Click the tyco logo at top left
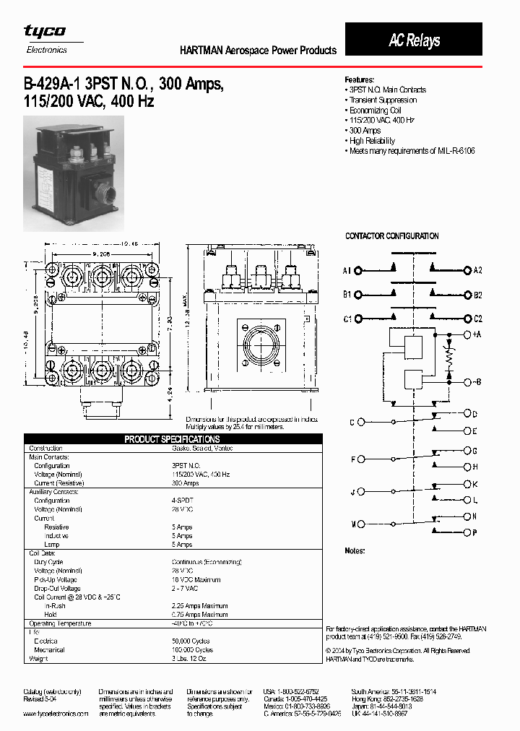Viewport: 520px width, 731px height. point(45,31)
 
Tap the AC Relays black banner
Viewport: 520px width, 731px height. point(413,40)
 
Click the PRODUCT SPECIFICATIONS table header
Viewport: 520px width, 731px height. point(172,439)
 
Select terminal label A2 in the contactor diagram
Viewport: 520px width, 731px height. point(477,271)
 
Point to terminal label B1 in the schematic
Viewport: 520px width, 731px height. point(347,295)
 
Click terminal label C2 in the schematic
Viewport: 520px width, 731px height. point(477,319)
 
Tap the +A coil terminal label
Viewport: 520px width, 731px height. point(477,335)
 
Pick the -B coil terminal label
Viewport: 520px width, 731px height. point(477,381)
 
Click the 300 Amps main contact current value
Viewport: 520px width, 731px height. point(185,483)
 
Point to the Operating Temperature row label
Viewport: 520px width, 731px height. point(60,623)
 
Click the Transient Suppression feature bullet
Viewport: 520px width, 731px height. point(382,100)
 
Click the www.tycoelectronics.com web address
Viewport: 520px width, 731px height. point(56,714)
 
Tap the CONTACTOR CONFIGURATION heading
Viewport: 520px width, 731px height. point(391,236)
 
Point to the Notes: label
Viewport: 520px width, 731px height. point(355,551)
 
